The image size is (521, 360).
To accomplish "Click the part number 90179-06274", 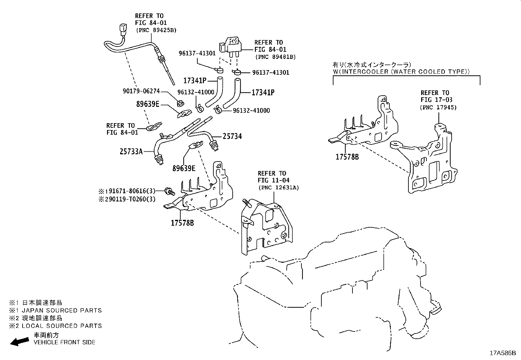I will pos(141,91).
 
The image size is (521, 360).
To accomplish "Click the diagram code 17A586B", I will pos(502,353).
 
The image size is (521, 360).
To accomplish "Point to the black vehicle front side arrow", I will pos(19,342).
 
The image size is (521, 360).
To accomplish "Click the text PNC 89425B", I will pos(156,30).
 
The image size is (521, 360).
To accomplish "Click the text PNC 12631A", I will pos(278,188).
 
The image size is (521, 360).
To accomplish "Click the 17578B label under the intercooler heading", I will pos(347,157).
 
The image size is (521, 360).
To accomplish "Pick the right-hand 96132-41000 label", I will pos(251,111).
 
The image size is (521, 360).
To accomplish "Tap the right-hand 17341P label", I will pos(263,93).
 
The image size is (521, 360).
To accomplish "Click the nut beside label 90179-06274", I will pos(180,104).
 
